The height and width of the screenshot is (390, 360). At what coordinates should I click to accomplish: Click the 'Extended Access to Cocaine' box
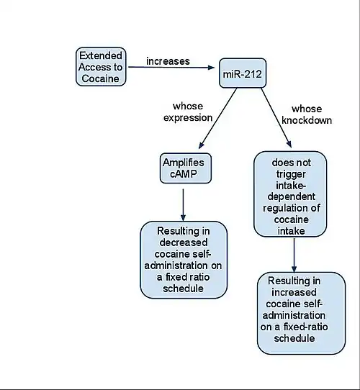tap(101, 67)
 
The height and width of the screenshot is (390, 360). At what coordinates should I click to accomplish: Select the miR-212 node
tap(243, 73)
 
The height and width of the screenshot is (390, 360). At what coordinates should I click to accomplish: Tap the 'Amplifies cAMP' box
tap(186, 168)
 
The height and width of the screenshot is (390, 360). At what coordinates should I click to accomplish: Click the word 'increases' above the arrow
tap(168, 61)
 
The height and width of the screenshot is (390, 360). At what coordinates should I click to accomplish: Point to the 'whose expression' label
tap(188, 112)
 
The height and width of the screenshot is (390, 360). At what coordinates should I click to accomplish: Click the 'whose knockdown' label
tap(307, 114)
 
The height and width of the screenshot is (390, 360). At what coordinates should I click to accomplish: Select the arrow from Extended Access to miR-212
tap(171, 67)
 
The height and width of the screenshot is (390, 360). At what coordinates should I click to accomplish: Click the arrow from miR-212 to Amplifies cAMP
tap(218, 119)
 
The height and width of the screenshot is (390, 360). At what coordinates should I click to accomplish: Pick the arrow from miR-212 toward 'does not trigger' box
tap(276, 118)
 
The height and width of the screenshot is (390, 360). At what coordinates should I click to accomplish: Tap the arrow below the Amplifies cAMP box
tap(183, 205)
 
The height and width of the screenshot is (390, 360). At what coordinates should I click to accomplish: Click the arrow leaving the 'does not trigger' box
tap(294, 255)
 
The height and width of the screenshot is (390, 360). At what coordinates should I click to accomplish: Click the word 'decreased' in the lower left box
tap(184, 242)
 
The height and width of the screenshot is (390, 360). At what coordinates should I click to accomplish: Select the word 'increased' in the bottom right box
tap(294, 292)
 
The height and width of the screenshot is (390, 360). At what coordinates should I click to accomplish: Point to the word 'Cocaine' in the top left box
tap(100, 78)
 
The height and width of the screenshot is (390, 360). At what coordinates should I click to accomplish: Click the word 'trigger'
tap(291, 174)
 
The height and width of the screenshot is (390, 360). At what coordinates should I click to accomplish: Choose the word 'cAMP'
tap(184, 174)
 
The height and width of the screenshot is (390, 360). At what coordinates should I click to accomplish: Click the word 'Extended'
tap(101, 55)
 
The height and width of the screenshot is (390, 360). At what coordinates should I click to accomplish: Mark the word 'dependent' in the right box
tap(292, 196)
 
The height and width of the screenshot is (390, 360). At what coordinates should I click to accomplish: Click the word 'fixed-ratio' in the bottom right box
tap(305, 327)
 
